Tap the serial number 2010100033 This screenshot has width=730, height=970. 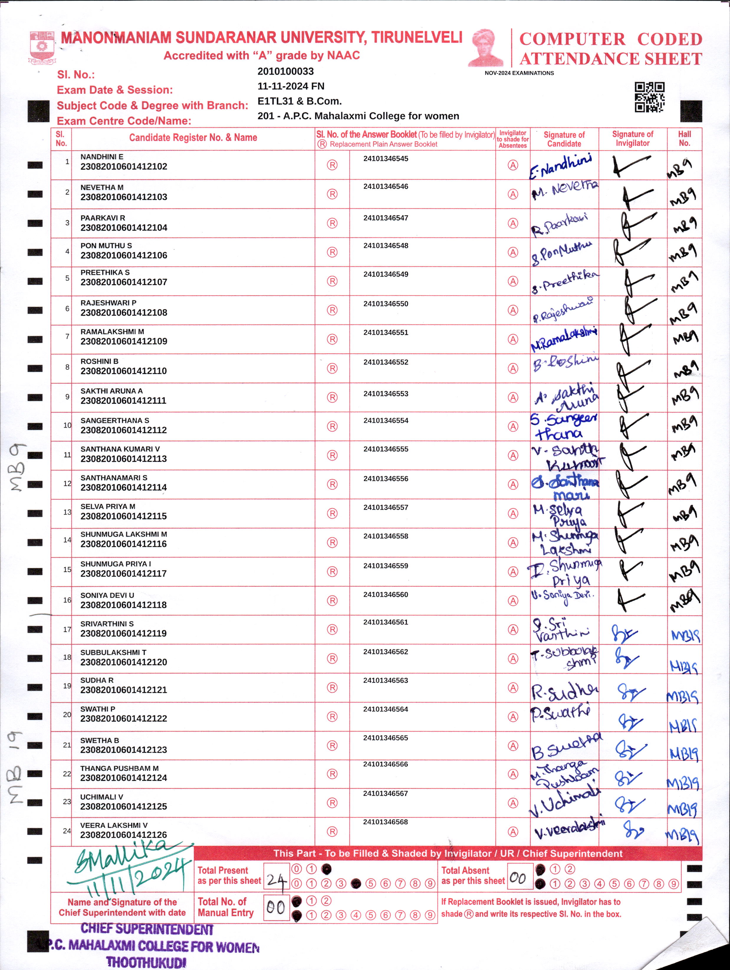(286, 72)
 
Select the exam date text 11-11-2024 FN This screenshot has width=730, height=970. (291, 86)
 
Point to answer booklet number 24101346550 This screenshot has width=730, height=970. (386, 303)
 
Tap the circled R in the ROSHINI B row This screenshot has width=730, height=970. (332, 368)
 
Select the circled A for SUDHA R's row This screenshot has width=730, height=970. (513, 688)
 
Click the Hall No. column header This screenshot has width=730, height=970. (684, 138)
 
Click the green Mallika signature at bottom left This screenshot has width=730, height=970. (127, 862)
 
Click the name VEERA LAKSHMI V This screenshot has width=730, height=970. (114, 825)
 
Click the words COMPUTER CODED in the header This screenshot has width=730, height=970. (610, 39)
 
